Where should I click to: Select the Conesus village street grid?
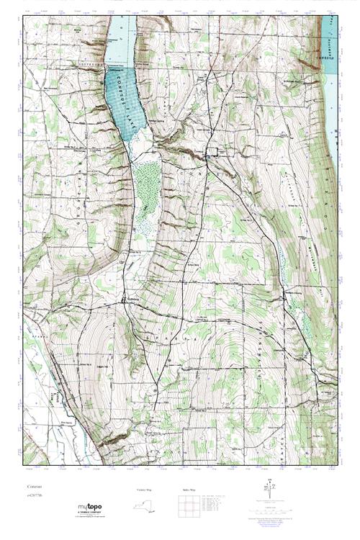click(x=211, y=152)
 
